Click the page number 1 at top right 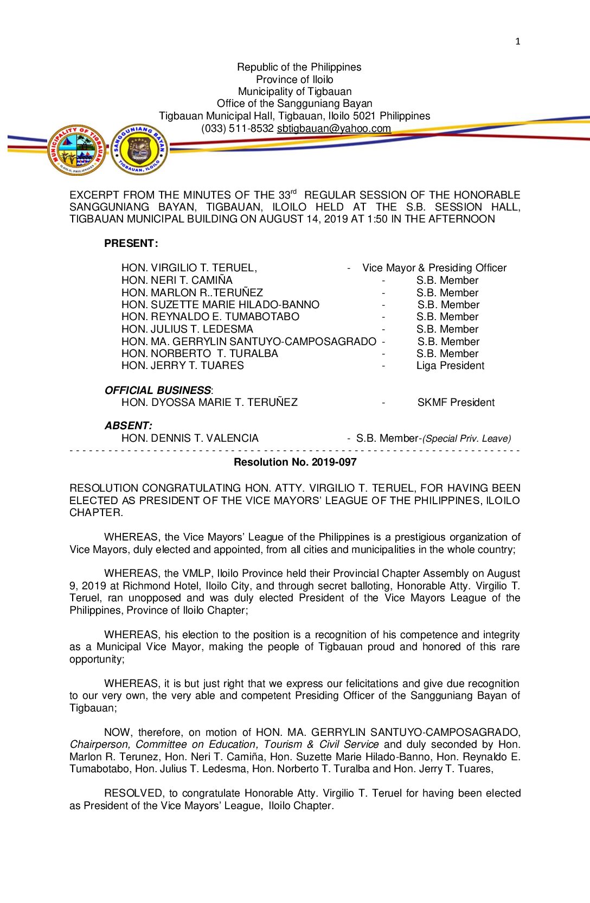[517, 41]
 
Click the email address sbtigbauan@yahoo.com [334, 129]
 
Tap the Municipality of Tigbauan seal [77, 149]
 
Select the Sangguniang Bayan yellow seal [139, 149]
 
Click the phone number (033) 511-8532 [237, 129]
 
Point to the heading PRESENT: [131, 244]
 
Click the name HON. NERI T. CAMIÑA [177, 281]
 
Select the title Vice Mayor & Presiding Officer [434, 268]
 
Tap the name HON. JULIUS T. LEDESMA [187, 329]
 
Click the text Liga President [450, 366]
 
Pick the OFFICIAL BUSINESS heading [158, 391]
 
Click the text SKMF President [456, 403]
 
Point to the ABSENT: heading [129, 426]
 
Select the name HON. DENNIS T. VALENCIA [190, 438]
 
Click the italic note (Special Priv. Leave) [466, 438]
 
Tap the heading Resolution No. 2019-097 [295, 462]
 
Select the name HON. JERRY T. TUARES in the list [183, 366]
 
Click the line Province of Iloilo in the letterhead [294, 80]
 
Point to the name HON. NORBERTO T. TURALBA [200, 354]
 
